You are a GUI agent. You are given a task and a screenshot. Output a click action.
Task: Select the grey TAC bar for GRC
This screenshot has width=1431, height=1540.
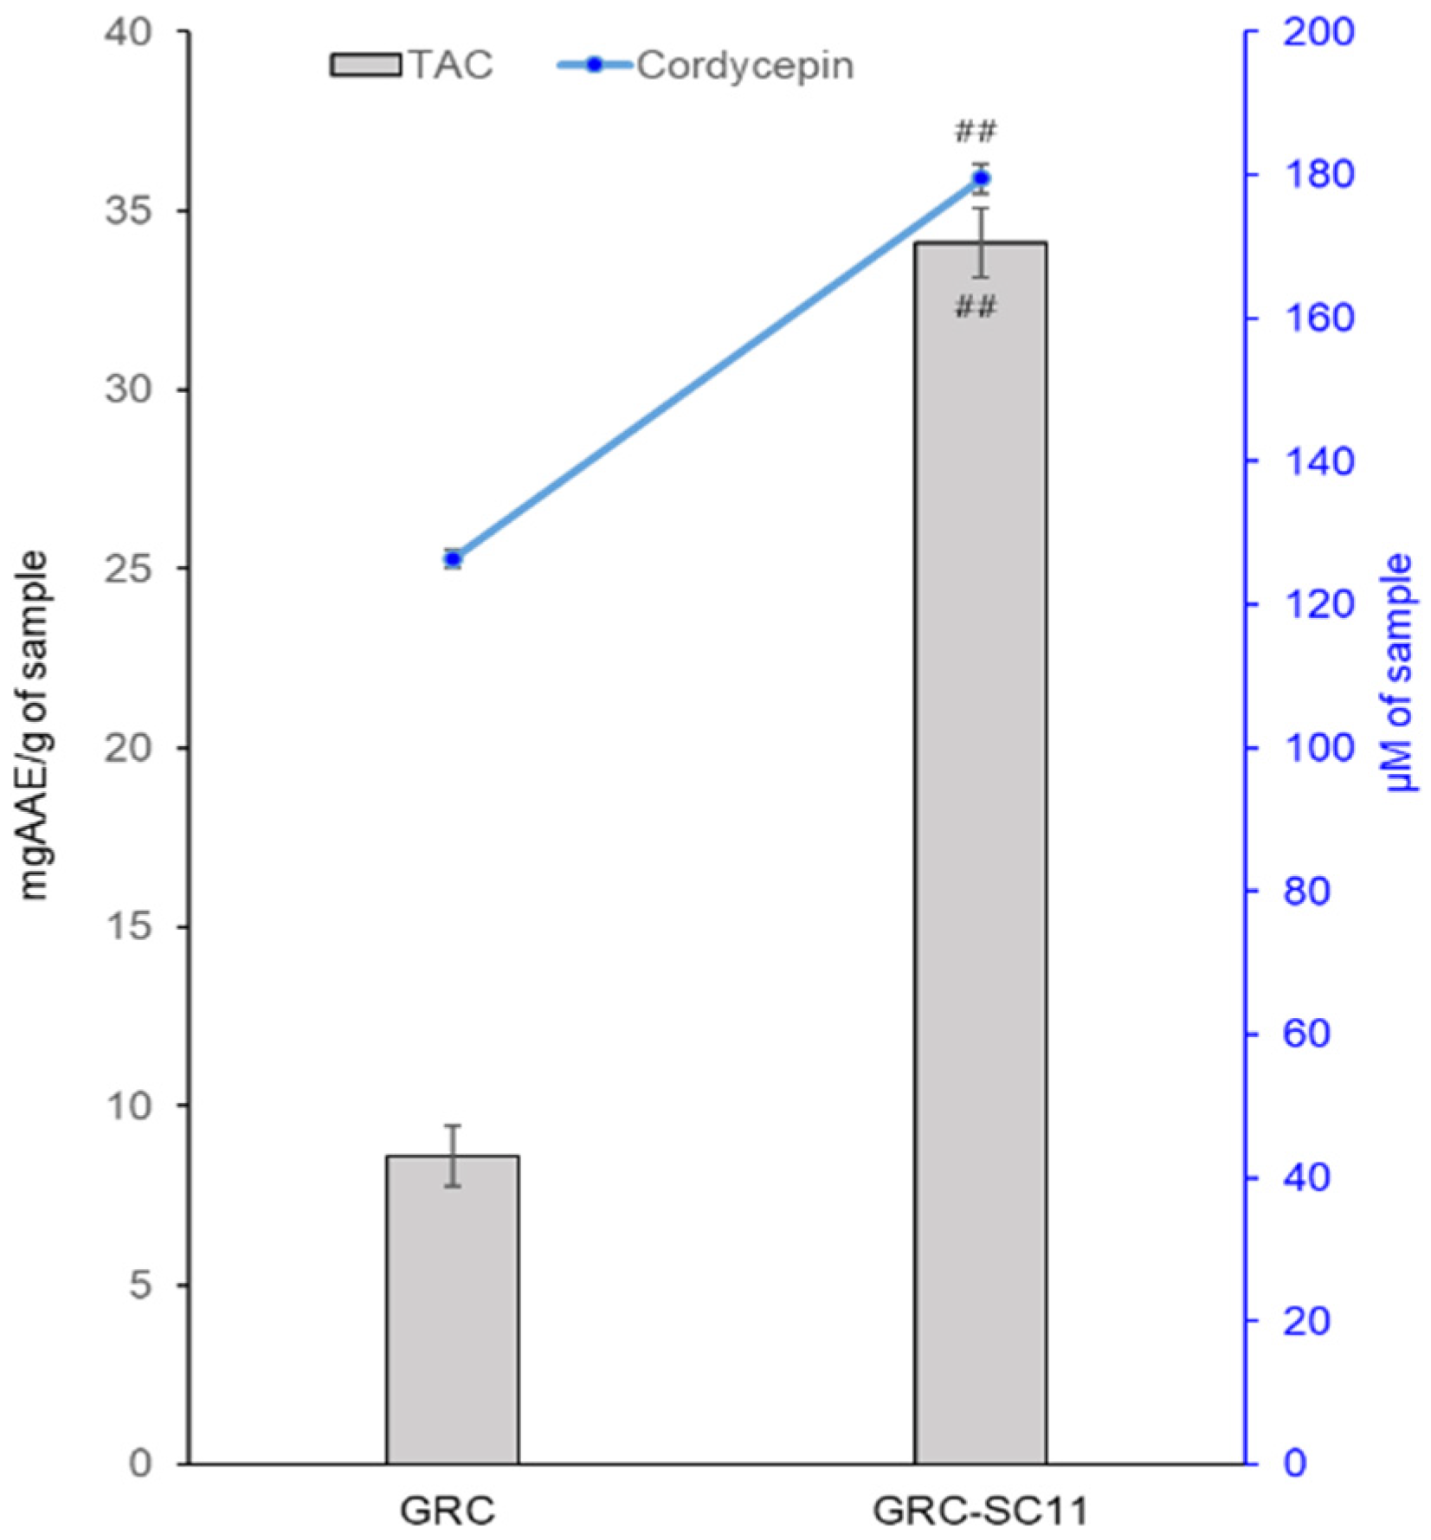[452, 1307]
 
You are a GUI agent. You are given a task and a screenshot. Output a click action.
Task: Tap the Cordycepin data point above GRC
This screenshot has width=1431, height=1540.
[453, 558]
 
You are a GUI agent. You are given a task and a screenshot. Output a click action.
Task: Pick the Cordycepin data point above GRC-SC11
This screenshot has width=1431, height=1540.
[981, 178]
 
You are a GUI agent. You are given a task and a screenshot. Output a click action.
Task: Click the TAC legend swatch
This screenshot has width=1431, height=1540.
[364, 66]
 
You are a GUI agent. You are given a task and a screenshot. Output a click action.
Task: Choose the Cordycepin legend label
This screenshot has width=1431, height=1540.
[745, 66]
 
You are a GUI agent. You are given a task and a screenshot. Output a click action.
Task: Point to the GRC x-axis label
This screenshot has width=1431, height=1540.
[448, 1511]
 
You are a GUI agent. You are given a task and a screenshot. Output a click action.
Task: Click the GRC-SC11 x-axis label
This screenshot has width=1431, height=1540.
[979, 1511]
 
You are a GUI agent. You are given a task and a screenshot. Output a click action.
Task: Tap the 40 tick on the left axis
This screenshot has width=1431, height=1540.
[129, 32]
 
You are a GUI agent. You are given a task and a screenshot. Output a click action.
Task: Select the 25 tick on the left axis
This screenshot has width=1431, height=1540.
[129, 569]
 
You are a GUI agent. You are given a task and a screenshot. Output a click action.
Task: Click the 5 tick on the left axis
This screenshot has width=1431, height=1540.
[140, 1285]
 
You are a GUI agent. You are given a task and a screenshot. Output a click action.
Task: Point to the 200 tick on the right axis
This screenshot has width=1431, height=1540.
[1306, 34]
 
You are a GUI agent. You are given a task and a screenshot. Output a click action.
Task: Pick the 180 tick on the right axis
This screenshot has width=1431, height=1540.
[1306, 176]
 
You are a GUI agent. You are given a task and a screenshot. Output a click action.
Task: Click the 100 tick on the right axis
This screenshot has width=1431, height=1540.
[1306, 748]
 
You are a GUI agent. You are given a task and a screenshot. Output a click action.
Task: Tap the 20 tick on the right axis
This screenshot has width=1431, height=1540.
[1306, 1321]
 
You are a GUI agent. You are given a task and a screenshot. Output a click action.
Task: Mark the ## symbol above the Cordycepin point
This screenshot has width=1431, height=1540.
[976, 132]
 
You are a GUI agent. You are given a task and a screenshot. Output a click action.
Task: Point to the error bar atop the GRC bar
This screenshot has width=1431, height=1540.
[452, 1155]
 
